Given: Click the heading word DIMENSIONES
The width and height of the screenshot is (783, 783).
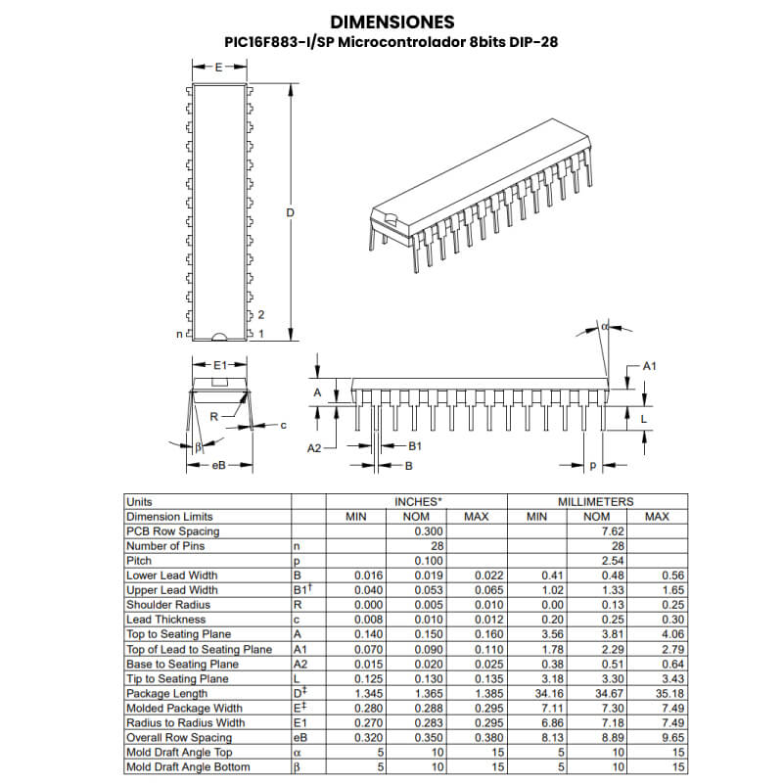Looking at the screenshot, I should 391,21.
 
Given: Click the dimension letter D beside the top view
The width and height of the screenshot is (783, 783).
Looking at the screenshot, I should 290,213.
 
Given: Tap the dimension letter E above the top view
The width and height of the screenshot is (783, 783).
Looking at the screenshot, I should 218,68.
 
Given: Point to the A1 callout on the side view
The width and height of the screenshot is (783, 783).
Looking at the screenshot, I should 648,365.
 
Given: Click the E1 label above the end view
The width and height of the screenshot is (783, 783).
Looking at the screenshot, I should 220,365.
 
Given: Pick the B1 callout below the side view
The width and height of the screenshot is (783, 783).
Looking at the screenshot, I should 414,445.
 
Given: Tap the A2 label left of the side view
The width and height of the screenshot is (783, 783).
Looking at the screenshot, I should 314,447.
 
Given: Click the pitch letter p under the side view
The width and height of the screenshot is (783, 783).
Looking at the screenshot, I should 592,465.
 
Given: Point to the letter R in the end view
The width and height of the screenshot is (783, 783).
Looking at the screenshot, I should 213,416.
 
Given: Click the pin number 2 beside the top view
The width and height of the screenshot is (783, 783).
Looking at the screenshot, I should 261,314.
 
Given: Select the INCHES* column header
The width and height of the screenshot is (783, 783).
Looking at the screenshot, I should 417,502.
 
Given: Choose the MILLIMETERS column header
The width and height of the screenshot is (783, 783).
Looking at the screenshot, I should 595,502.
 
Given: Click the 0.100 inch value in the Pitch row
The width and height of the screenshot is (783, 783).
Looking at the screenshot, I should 429,561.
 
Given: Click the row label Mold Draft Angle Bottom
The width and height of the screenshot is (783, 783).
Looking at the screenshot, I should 188,766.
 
